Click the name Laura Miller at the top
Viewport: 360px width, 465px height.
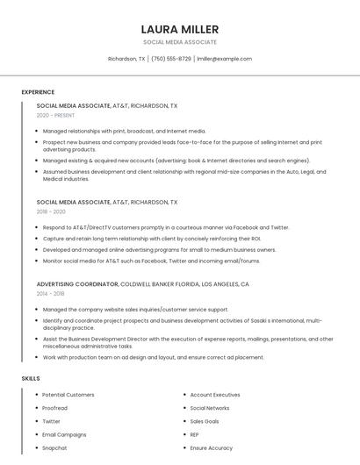[x=179, y=29]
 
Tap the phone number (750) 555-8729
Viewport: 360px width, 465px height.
[x=170, y=59]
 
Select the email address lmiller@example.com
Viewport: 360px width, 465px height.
[x=224, y=59]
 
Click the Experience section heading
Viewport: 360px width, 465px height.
[x=38, y=92]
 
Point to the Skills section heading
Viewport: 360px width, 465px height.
[x=31, y=378]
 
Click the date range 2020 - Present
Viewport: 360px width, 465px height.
[x=55, y=115]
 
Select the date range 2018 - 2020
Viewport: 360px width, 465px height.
[x=51, y=211]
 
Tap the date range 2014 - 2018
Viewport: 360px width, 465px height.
[x=51, y=294]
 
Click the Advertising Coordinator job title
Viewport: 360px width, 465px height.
[x=77, y=284]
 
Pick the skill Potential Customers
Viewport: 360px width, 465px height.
[x=68, y=395]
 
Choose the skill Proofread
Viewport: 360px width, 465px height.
[x=54, y=408]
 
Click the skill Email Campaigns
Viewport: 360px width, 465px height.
[x=64, y=434]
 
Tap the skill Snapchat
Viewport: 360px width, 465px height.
[x=54, y=447]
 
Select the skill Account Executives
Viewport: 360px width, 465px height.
[x=214, y=395]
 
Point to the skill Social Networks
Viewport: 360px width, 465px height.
[x=209, y=408]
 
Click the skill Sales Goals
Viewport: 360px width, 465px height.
[x=205, y=421]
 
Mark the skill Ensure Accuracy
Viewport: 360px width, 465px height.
[x=211, y=447]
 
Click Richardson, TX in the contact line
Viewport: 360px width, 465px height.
[x=126, y=59]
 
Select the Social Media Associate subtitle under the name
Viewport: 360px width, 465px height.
[x=179, y=42]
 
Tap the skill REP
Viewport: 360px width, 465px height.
[x=194, y=434]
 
